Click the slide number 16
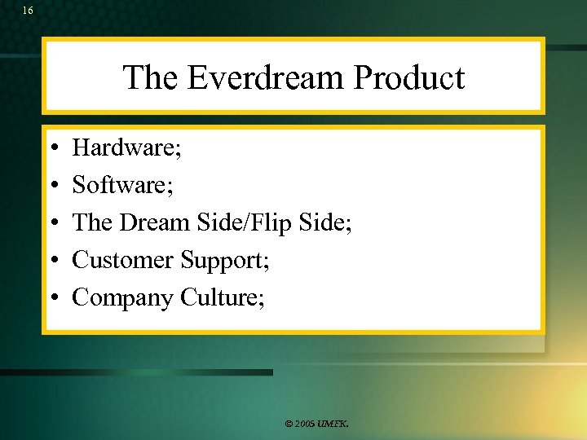(x=29, y=11)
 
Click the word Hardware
(x=125, y=148)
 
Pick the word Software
(x=121, y=186)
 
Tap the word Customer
(x=123, y=260)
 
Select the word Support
(x=223, y=261)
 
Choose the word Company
(x=123, y=298)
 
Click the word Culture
(x=220, y=297)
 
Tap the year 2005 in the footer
(x=305, y=425)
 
